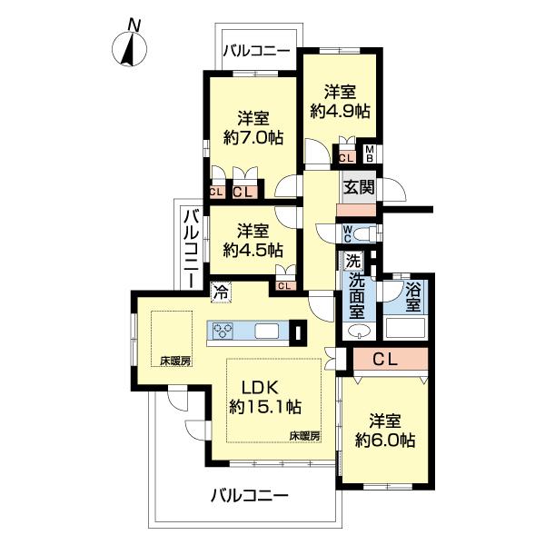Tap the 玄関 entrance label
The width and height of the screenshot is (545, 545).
[355, 188]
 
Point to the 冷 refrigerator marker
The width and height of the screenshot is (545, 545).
[220, 292]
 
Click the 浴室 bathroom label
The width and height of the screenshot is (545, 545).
[413, 298]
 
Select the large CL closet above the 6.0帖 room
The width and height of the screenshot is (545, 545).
[385, 359]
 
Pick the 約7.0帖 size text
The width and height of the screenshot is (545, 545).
[253, 138]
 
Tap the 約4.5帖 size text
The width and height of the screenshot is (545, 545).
[253, 249]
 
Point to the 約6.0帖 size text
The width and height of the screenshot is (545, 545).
[386, 441]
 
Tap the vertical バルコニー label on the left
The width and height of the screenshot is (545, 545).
[192, 247]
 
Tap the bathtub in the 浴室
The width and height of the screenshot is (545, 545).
[406, 328]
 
